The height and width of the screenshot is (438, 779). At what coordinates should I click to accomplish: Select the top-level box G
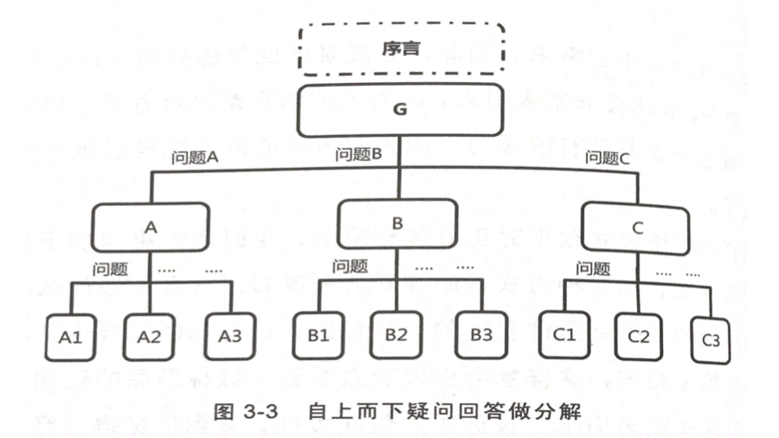[401, 110]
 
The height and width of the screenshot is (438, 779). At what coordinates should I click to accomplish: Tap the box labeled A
[151, 227]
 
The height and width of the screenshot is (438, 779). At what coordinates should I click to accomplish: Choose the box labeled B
[397, 222]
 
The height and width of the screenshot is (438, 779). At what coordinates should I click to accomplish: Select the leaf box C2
[639, 336]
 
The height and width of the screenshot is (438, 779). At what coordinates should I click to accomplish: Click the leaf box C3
[710, 339]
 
